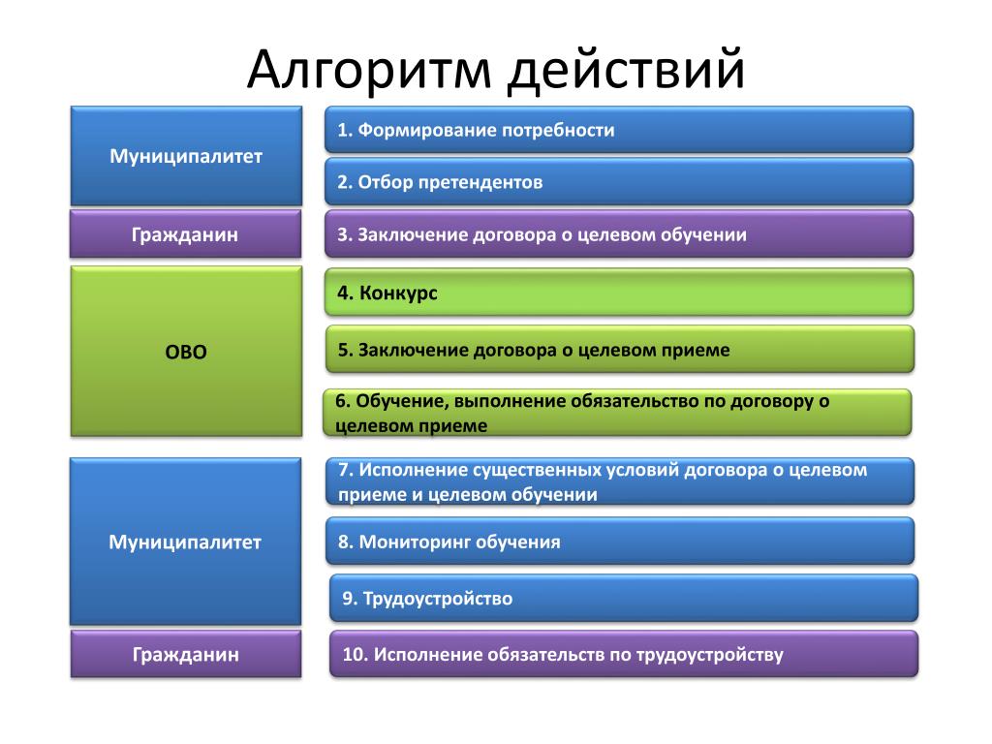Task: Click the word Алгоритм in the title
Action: click(369, 71)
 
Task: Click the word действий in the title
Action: click(627, 69)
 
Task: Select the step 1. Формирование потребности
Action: click(619, 130)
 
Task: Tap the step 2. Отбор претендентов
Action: click(619, 182)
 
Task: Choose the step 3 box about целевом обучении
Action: click(619, 234)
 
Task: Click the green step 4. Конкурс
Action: click(619, 293)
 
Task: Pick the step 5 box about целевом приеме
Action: click(620, 349)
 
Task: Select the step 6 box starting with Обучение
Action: click(617, 413)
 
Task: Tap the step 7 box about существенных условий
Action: click(620, 481)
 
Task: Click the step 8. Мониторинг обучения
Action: click(620, 541)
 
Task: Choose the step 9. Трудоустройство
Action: click(624, 598)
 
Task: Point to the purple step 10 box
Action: click(624, 654)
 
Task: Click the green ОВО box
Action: click(186, 351)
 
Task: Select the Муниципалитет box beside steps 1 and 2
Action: click(186, 156)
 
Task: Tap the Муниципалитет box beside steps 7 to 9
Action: click(185, 542)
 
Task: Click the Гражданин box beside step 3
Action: click(185, 234)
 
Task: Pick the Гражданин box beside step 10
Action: click(186, 654)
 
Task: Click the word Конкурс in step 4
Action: click(398, 294)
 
